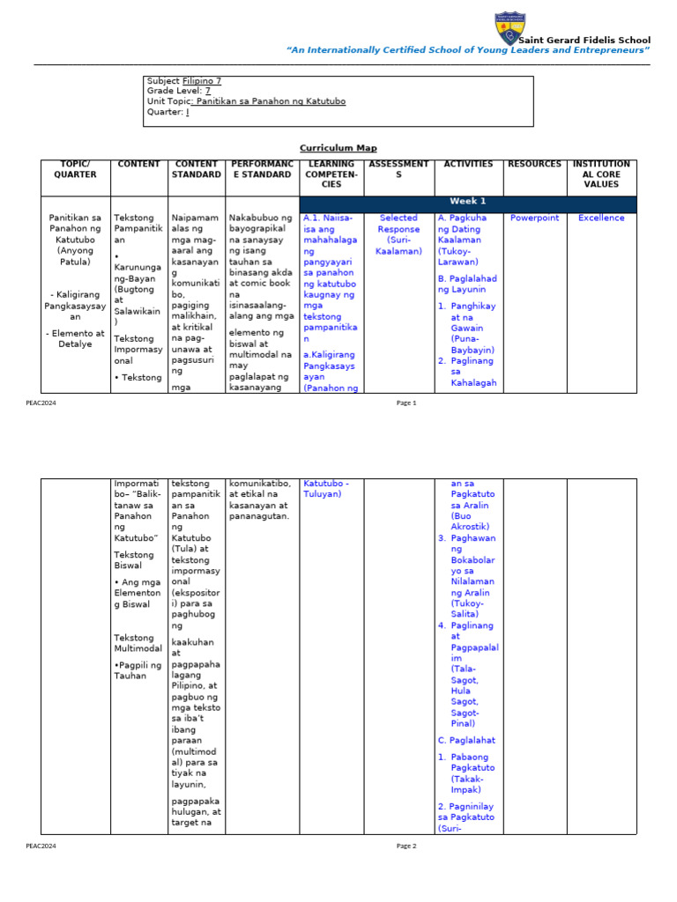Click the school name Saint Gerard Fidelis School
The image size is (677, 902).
pyautogui.click(x=584, y=41)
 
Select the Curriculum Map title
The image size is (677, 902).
pyautogui.click(x=338, y=148)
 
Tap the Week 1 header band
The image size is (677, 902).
pyautogui.click(x=468, y=202)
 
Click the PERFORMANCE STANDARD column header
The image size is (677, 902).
pyautogui.click(x=262, y=169)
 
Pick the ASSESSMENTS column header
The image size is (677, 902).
pyautogui.click(x=398, y=169)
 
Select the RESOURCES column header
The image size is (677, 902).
pyautogui.click(x=534, y=164)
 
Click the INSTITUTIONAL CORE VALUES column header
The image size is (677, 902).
pyautogui.click(x=601, y=174)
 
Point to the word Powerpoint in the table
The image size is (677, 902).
pyautogui.click(x=534, y=218)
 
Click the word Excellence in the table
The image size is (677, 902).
pyautogui.click(x=601, y=218)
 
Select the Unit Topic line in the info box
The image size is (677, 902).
pyautogui.click(x=246, y=101)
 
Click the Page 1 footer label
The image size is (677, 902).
pyautogui.click(x=405, y=403)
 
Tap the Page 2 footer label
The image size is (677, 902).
pyautogui.click(x=405, y=846)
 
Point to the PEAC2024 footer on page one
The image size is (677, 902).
pyautogui.click(x=41, y=403)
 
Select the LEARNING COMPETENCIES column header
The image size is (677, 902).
pyautogui.click(x=331, y=174)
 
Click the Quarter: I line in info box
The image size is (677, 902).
pyautogui.click(x=167, y=112)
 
